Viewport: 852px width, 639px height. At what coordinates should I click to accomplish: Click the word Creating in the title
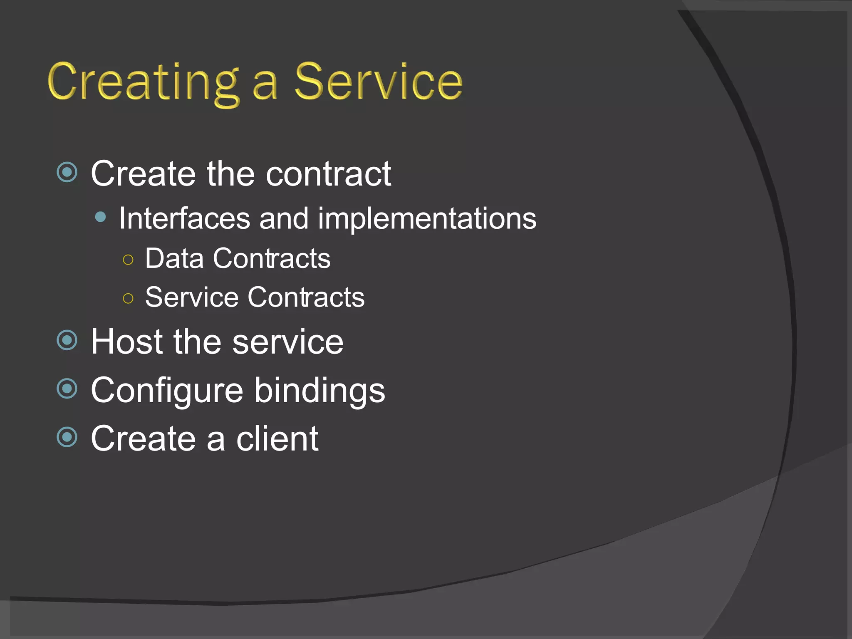[x=144, y=82]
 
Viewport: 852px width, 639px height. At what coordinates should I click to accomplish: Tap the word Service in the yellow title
[x=379, y=82]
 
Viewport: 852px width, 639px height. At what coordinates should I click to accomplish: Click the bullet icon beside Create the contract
[x=67, y=172]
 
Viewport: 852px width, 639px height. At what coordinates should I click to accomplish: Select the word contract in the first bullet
[x=328, y=174]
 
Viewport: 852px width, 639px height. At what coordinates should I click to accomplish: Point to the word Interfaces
[x=184, y=218]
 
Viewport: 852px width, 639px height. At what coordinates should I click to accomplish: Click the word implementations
[x=427, y=219]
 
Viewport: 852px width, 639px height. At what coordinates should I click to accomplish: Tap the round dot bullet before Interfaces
[x=100, y=217]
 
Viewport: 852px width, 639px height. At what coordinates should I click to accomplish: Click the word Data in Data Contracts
[x=174, y=259]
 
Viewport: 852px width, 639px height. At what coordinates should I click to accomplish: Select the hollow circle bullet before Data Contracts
[x=128, y=260]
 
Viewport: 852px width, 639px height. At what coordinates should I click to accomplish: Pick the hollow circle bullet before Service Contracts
[x=128, y=298]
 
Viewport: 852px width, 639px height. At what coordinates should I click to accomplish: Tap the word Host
[x=127, y=342]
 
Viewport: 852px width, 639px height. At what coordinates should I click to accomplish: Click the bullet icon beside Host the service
[x=67, y=340]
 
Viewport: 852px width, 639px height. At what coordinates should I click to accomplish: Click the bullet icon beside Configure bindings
[x=67, y=389]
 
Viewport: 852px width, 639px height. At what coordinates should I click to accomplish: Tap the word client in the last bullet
[x=277, y=439]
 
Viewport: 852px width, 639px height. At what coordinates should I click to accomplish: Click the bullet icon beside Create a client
[x=67, y=437]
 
